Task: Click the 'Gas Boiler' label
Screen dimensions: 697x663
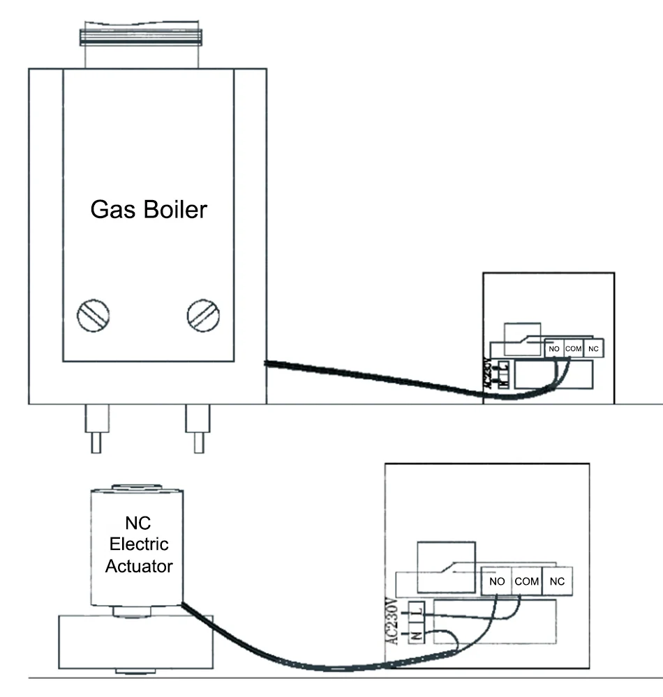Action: [x=149, y=210]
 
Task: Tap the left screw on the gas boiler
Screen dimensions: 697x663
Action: [x=93, y=316]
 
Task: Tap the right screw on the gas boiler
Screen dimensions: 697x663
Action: [x=203, y=316]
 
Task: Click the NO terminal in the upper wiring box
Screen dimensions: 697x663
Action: [x=554, y=348]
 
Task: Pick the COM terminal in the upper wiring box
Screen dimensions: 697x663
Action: [x=573, y=348]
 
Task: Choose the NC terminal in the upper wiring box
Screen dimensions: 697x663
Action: [x=593, y=348]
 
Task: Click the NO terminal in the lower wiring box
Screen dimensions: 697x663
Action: [x=496, y=581]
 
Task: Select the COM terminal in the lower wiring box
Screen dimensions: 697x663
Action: [x=526, y=581]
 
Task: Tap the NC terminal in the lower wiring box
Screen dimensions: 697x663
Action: [x=556, y=581]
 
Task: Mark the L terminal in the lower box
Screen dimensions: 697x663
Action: [x=417, y=611]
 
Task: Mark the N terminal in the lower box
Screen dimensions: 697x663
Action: [x=417, y=634]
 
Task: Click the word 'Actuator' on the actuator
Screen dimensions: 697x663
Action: [x=139, y=566]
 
